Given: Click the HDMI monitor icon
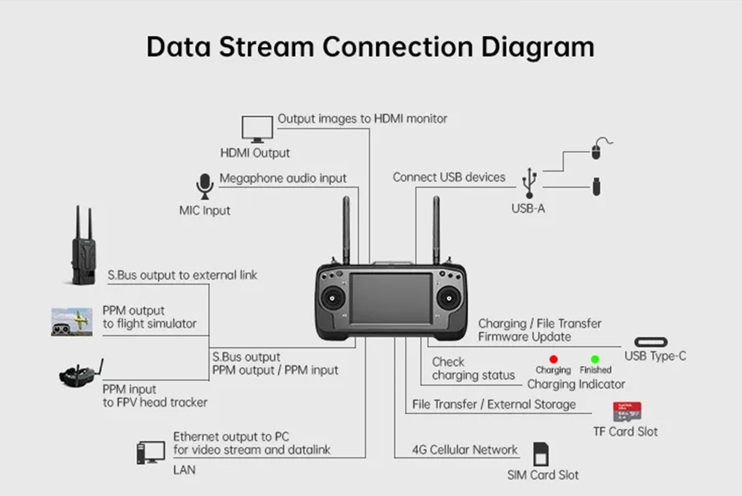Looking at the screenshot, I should point(257,129).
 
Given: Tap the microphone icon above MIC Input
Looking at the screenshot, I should point(205,186).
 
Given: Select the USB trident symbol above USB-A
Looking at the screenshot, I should point(529,183).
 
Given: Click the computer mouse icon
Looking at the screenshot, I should point(596,151).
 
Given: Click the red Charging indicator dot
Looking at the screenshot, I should point(553,359).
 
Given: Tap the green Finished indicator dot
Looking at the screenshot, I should point(595,359).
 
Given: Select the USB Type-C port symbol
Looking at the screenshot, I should point(651,342).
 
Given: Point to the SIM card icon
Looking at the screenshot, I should point(541,454).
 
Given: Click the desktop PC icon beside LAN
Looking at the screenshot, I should point(150,452).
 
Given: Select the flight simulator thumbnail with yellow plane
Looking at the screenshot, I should point(72,322).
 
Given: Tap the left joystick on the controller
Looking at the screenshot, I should point(332,298).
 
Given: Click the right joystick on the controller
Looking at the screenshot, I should point(448,298).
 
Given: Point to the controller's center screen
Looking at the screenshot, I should point(391,298).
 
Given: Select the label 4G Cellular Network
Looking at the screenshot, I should point(464,449).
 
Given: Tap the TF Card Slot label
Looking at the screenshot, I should point(625,432).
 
